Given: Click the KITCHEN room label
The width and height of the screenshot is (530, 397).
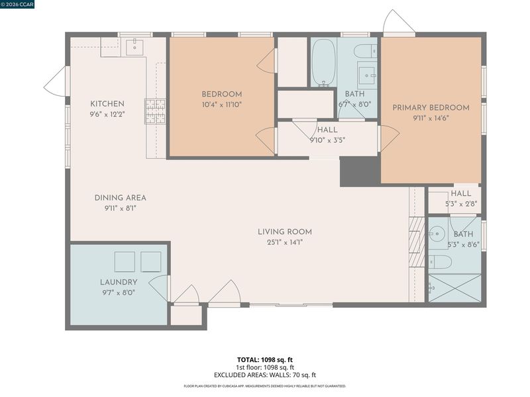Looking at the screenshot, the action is [107, 104].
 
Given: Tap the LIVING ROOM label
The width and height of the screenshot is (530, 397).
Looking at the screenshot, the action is [285, 232].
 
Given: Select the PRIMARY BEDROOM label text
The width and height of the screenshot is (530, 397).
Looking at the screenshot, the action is [431, 108].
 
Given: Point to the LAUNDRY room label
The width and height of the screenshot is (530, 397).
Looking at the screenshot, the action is [119, 282].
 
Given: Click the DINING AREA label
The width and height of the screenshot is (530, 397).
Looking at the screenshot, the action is [121, 198].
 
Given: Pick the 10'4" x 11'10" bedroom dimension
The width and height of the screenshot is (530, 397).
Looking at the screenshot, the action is [222, 105].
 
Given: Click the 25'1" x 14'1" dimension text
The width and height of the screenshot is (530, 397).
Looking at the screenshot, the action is [285, 242].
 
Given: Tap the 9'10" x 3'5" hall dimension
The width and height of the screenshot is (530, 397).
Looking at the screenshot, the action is [327, 140].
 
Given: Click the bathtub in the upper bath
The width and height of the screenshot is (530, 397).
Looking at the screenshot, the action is [323, 62].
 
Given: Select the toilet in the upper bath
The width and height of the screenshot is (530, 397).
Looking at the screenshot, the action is [366, 52].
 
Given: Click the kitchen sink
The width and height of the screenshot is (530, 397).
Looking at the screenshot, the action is [134, 47].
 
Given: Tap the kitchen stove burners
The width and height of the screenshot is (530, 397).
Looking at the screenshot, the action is [156, 111].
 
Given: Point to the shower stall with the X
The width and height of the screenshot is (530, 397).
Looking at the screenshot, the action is [454, 288].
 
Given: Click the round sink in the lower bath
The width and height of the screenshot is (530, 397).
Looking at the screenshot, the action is [437, 233].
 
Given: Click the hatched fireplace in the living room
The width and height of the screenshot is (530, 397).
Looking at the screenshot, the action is [417, 242].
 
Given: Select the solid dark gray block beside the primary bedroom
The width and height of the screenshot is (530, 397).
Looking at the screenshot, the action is [360, 171].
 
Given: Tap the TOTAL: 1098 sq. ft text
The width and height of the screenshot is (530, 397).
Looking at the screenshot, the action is [264, 360].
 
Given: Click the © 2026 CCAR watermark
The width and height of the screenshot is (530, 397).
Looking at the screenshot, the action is [17, 4].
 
